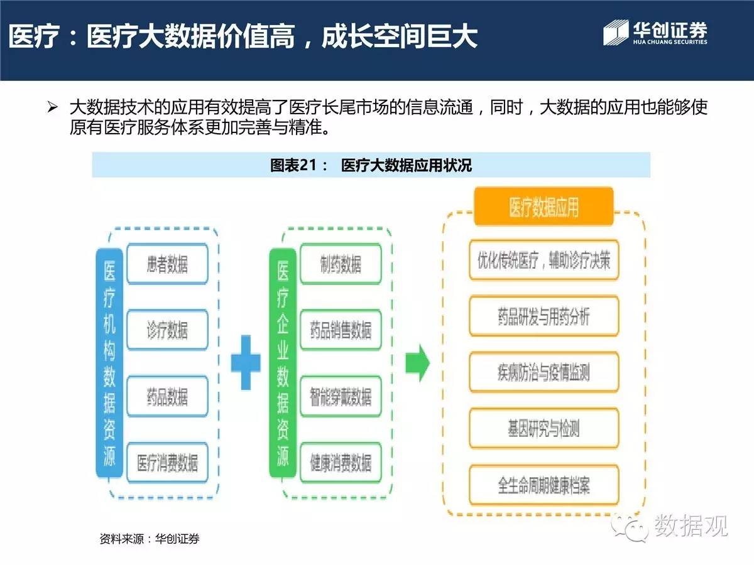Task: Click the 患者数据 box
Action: click(167, 264)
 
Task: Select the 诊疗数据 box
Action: click(167, 330)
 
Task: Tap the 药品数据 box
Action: click(167, 396)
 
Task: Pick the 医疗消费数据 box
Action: click(167, 463)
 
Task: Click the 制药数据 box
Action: click(341, 264)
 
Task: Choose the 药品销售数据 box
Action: click(341, 330)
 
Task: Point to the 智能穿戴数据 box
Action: click(341, 396)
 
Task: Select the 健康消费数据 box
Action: click(341, 463)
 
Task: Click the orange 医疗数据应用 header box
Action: click(544, 207)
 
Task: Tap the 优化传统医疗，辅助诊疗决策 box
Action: click(544, 260)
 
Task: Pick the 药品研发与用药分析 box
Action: click(544, 316)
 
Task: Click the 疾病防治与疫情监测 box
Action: click(544, 372)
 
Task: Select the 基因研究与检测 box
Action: click(544, 429)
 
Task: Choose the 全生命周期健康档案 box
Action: click(544, 485)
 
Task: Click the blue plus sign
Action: click(246, 363)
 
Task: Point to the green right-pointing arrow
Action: click(417, 363)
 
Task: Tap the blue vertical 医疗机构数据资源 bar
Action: click(109, 363)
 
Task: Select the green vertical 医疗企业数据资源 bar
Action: click(283, 363)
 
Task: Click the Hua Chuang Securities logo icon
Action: click(616, 33)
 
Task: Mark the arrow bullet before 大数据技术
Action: click(52, 107)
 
